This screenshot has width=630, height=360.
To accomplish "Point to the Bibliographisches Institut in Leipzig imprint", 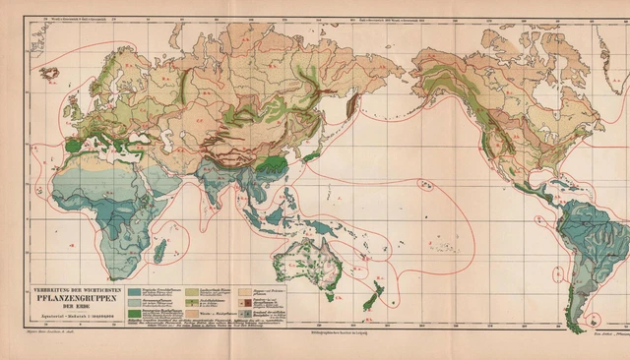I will pyautogui.click(x=315, y=335).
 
